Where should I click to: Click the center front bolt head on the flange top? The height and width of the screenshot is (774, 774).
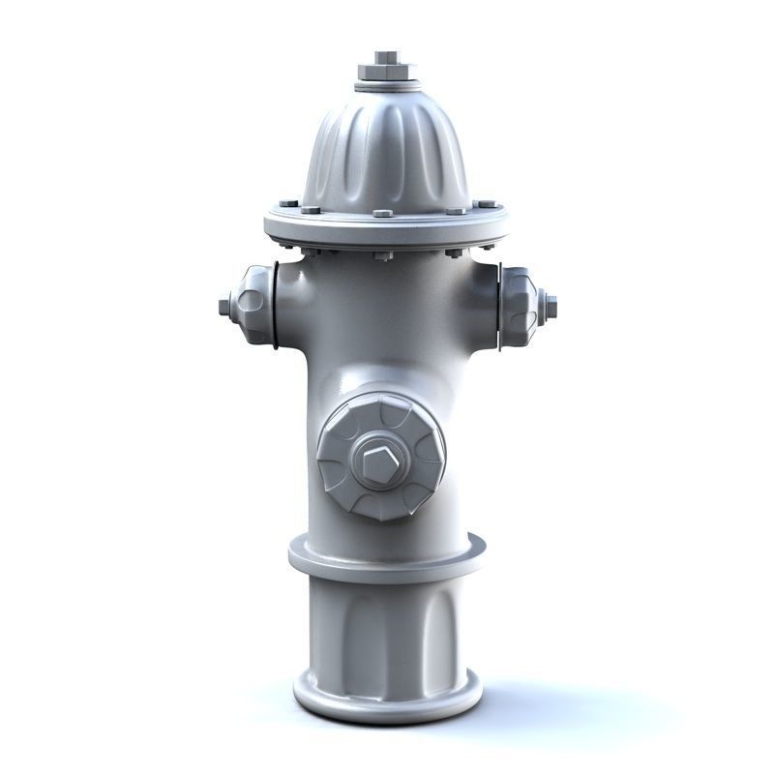click(383, 213)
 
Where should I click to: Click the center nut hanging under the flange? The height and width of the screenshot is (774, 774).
click(383, 255)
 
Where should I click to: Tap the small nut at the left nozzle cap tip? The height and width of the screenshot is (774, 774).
click(225, 307)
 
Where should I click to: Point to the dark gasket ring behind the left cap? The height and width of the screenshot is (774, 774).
click(274, 306)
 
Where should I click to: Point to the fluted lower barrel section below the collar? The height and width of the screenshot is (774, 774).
click(385, 629)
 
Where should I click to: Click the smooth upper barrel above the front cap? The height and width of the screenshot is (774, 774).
click(385, 329)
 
